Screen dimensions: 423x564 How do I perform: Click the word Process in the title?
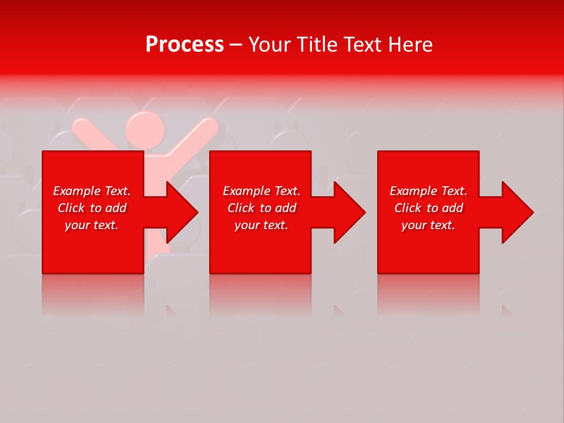(184, 45)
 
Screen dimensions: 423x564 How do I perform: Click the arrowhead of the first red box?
(179, 212)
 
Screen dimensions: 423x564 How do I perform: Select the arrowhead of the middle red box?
(347, 212)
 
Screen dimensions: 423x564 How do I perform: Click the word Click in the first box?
(71, 208)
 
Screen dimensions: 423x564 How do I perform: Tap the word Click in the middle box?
(241, 208)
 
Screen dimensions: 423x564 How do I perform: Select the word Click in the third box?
(408, 208)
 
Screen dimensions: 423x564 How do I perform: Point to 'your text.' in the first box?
(92, 225)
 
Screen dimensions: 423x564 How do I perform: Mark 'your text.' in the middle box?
(261, 225)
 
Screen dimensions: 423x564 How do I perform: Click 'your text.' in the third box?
(428, 225)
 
